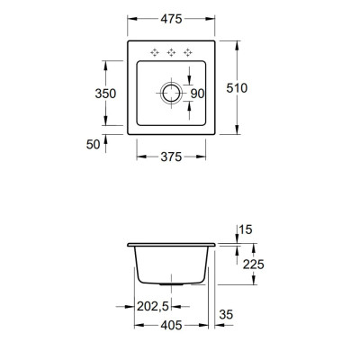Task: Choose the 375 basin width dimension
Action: pyautogui.click(x=172, y=157)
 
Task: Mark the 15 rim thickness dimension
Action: pyautogui.click(x=246, y=231)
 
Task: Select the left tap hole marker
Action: pyautogui.click(x=155, y=51)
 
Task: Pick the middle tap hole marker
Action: pyautogui.click(x=171, y=51)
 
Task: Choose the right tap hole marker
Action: pyautogui.click(x=187, y=51)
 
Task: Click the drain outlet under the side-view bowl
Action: pyautogui.click(x=171, y=283)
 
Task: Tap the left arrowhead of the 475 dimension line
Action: pyautogui.click(x=129, y=19)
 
